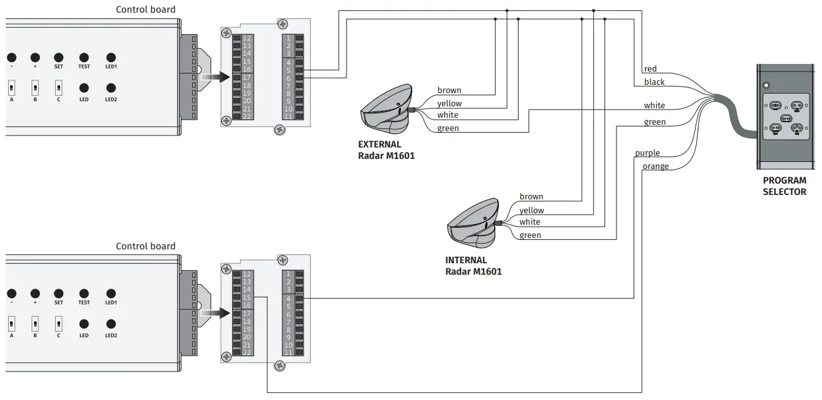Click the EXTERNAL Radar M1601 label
click(386, 149)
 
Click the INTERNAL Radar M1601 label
click(474, 266)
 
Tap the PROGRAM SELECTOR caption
click(784, 186)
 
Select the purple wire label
click(647, 153)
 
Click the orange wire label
click(655, 166)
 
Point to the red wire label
click(650, 69)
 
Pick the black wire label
click(654, 82)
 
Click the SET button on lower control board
click(58, 293)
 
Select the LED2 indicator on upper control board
click(111, 88)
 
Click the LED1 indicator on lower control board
click(111, 293)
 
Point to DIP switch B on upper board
click(35, 86)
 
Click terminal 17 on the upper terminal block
click(247, 77)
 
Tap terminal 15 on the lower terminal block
click(247, 297)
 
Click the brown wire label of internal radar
click(531, 197)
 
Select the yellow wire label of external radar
click(449, 104)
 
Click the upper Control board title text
click(145, 9)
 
